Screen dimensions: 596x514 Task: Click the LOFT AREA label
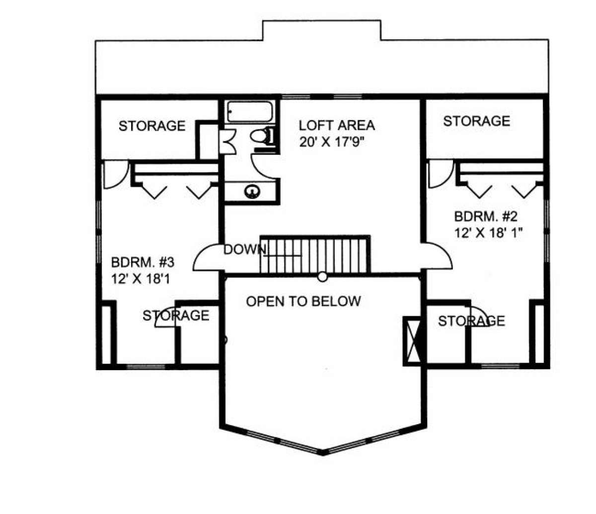tap(337, 126)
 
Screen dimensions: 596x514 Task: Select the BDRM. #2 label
tap(486, 216)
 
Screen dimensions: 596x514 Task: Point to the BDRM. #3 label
tap(143, 262)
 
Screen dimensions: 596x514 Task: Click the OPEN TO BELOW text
tap(303, 301)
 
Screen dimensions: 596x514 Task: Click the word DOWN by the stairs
tap(245, 250)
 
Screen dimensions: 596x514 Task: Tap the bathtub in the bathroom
tap(249, 112)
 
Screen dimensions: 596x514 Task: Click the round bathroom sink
tap(252, 192)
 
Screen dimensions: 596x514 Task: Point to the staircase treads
tap(315, 254)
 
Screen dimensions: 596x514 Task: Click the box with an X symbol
tap(412, 341)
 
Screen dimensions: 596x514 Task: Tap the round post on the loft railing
tap(322, 277)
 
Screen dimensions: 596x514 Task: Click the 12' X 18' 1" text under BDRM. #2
tap(488, 233)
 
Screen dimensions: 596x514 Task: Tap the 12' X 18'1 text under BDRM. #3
tap(141, 279)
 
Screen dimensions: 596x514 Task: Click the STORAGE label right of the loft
tap(477, 121)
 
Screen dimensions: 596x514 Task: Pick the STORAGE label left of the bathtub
tap(152, 126)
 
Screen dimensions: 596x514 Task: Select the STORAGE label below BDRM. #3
tap(176, 316)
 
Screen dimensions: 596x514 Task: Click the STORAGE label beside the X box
tap(471, 321)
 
